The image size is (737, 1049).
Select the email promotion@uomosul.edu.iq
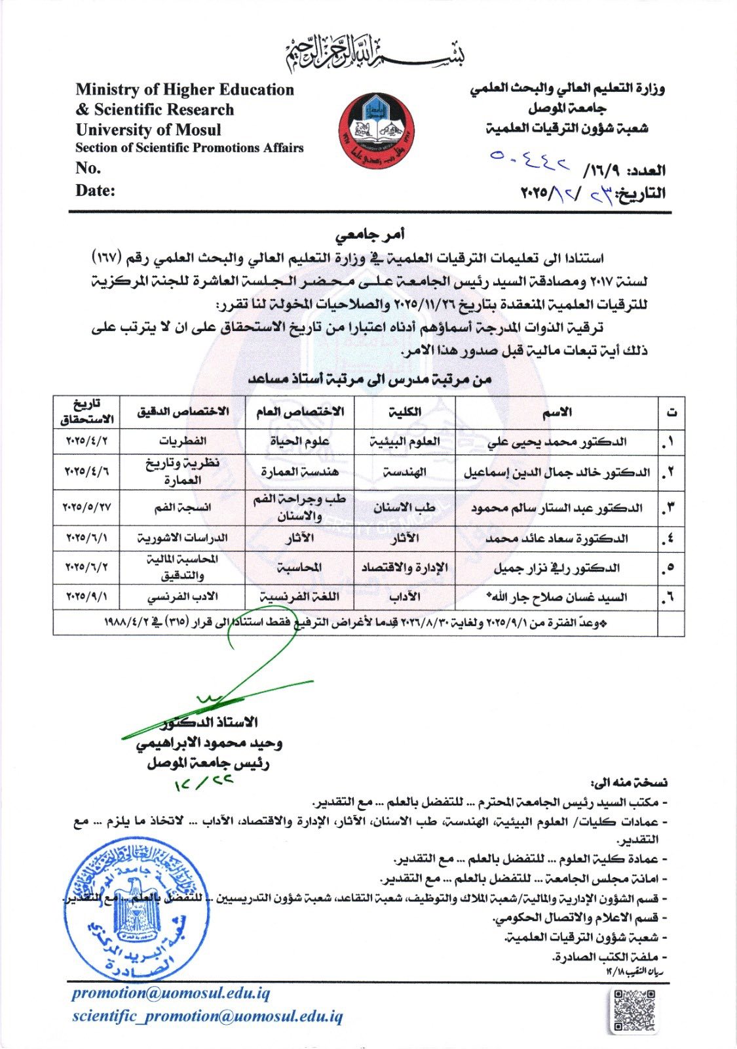171,993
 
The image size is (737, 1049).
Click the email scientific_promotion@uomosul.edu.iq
207,1016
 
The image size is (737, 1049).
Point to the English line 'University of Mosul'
149,129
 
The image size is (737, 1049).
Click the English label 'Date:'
96,191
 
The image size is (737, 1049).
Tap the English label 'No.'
88,168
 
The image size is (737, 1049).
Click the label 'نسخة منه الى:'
629,783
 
